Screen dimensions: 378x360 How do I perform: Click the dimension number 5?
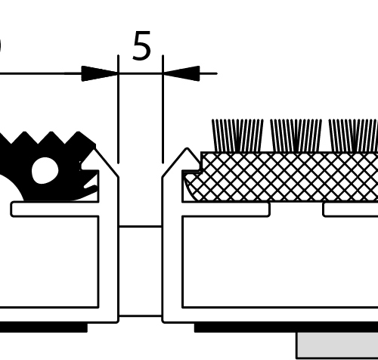point(141,45)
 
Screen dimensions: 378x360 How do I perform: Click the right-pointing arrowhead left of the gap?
point(100,73)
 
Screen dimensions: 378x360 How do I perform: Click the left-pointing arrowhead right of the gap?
point(181,73)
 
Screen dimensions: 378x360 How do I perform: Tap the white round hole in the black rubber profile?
point(45,171)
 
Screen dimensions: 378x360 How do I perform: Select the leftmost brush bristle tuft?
point(237,135)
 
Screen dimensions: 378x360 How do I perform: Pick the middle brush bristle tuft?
point(296,135)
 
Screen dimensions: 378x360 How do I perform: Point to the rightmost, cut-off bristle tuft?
point(353,135)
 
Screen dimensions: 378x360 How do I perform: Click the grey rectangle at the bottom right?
point(337,346)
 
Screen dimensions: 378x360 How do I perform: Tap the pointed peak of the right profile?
point(187,148)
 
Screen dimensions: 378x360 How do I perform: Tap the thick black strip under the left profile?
point(44,327)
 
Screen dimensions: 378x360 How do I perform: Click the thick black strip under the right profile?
point(286,327)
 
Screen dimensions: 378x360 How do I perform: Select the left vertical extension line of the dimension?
point(118,109)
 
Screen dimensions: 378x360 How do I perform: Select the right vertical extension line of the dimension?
point(163,109)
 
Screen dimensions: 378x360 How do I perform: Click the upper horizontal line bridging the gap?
point(141,227)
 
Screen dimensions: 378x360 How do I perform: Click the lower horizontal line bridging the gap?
point(141,315)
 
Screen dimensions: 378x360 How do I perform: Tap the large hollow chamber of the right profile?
point(280,262)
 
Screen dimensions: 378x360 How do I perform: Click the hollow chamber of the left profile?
point(49,262)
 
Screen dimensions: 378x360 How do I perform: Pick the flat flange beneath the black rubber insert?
point(54,209)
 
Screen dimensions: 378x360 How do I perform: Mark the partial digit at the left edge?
point(1,45)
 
